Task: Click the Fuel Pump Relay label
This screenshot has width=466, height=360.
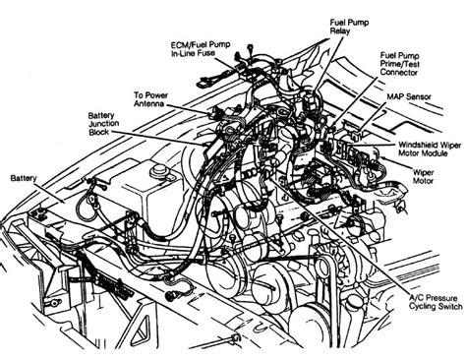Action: point(349,27)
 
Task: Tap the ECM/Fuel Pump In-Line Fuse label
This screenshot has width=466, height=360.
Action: point(201,49)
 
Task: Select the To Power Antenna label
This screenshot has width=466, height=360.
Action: point(150,99)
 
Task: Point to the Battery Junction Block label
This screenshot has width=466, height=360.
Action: point(103,124)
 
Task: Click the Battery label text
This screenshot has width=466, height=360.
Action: point(24,178)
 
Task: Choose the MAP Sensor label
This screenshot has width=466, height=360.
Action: point(409,97)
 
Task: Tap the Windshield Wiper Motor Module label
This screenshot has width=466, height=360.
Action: point(430,149)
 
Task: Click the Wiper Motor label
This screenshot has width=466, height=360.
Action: point(423,176)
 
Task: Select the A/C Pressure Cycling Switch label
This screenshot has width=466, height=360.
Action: point(436,302)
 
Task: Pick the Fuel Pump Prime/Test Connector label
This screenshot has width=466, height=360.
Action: point(400,64)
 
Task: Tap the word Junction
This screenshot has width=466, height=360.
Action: point(103,124)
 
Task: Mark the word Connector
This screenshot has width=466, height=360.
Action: point(399,73)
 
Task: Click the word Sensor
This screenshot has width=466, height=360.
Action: point(420,97)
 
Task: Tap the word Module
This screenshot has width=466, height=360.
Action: point(436,153)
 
